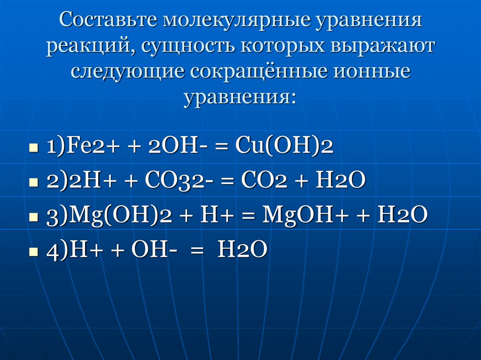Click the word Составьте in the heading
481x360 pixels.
(109, 20)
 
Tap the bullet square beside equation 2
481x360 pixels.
(33, 183)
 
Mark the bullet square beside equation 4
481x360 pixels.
(33, 253)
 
